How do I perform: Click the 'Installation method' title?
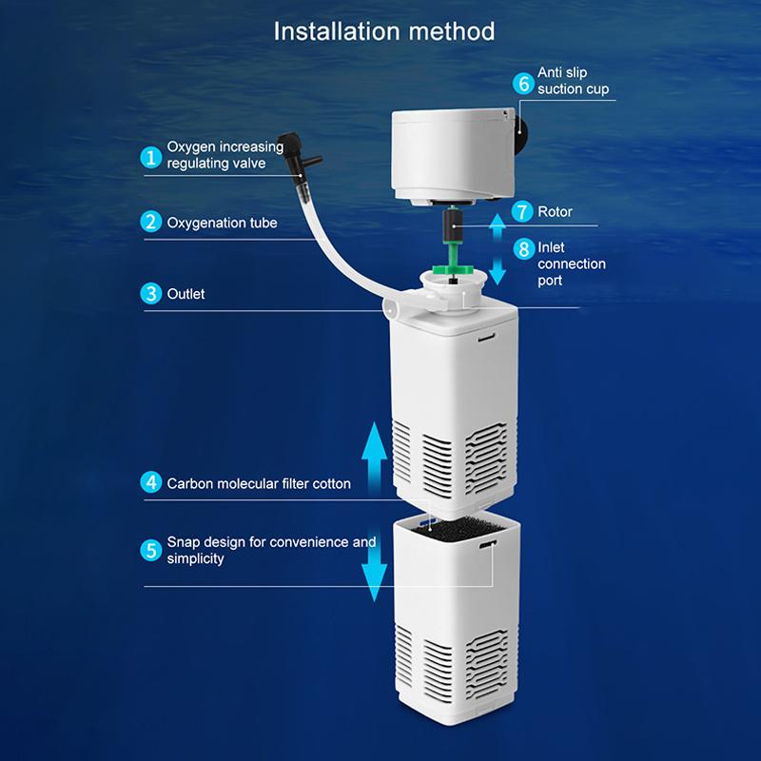click(x=384, y=31)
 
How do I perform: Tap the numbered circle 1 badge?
click(x=151, y=157)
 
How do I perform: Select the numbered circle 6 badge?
click(x=523, y=83)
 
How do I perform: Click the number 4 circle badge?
click(x=151, y=482)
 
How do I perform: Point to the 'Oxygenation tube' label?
click(x=222, y=223)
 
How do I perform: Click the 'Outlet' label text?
click(x=185, y=294)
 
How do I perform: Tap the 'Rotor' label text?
click(x=555, y=211)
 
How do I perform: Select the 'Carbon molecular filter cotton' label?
click(x=259, y=483)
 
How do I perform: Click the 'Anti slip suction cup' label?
click(x=573, y=81)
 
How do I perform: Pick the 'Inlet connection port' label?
click(x=572, y=263)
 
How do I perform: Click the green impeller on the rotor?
click(x=453, y=269)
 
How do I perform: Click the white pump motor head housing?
click(x=453, y=156)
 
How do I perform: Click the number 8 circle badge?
click(x=523, y=249)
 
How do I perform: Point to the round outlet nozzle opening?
click(x=390, y=307)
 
